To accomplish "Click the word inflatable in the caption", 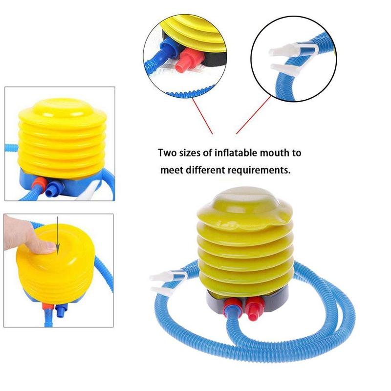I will point(230,153).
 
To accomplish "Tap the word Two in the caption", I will point(167,153).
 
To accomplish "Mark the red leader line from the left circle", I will point(200,114).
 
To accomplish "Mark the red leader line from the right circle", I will point(253,114).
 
